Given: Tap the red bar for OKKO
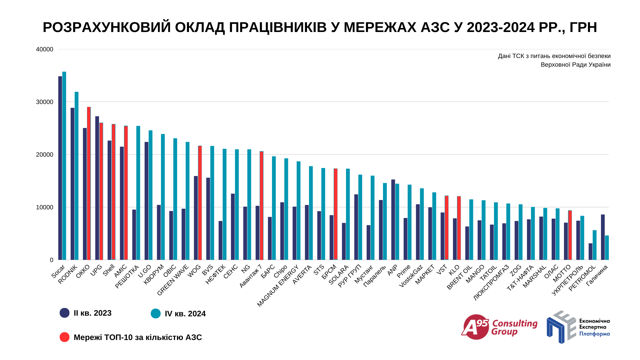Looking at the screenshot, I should click(x=89, y=183).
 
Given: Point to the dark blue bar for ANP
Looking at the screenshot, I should click(x=393, y=220).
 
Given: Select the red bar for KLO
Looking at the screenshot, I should click(x=459, y=228).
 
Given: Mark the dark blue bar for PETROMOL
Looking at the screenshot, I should click(x=590, y=252).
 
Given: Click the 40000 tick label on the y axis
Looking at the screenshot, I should click(x=45, y=49).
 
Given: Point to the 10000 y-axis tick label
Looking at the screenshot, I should click(x=45, y=207).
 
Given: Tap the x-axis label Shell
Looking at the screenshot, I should click(x=109, y=270).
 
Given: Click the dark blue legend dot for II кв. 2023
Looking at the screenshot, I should click(x=64, y=313).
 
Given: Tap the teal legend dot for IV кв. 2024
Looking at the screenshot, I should click(x=156, y=313).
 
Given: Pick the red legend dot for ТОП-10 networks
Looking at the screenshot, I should click(x=64, y=337).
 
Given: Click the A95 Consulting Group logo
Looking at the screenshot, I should click(x=499, y=327).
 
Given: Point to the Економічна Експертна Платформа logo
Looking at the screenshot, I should click(x=578, y=327).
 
